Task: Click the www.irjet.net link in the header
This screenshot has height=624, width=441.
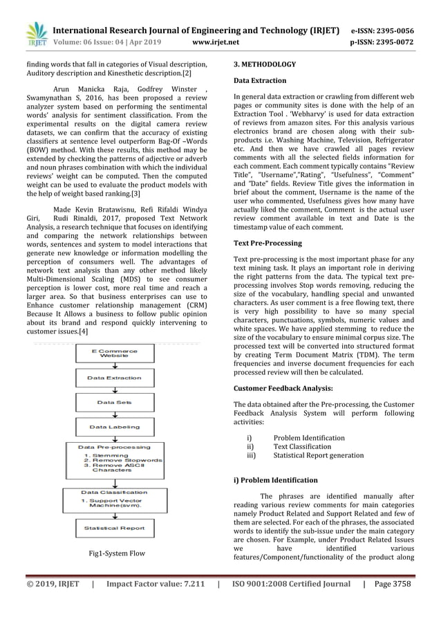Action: pos(218,42)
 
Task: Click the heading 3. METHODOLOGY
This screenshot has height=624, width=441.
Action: pos(265,64)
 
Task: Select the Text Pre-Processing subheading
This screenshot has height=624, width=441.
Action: pos(268,244)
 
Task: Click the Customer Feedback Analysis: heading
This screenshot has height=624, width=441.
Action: pos(283,388)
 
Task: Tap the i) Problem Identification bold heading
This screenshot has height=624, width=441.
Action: pos(276,479)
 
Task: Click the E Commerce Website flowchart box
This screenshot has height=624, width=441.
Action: pos(114,353)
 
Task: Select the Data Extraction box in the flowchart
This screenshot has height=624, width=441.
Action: pos(114,378)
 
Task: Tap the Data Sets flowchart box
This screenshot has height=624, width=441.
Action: pos(114,402)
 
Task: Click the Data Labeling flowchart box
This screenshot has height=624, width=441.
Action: pos(114,427)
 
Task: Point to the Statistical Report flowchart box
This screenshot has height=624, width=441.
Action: pos(114,528)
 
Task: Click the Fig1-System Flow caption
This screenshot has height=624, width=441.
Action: pos(116,553)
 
